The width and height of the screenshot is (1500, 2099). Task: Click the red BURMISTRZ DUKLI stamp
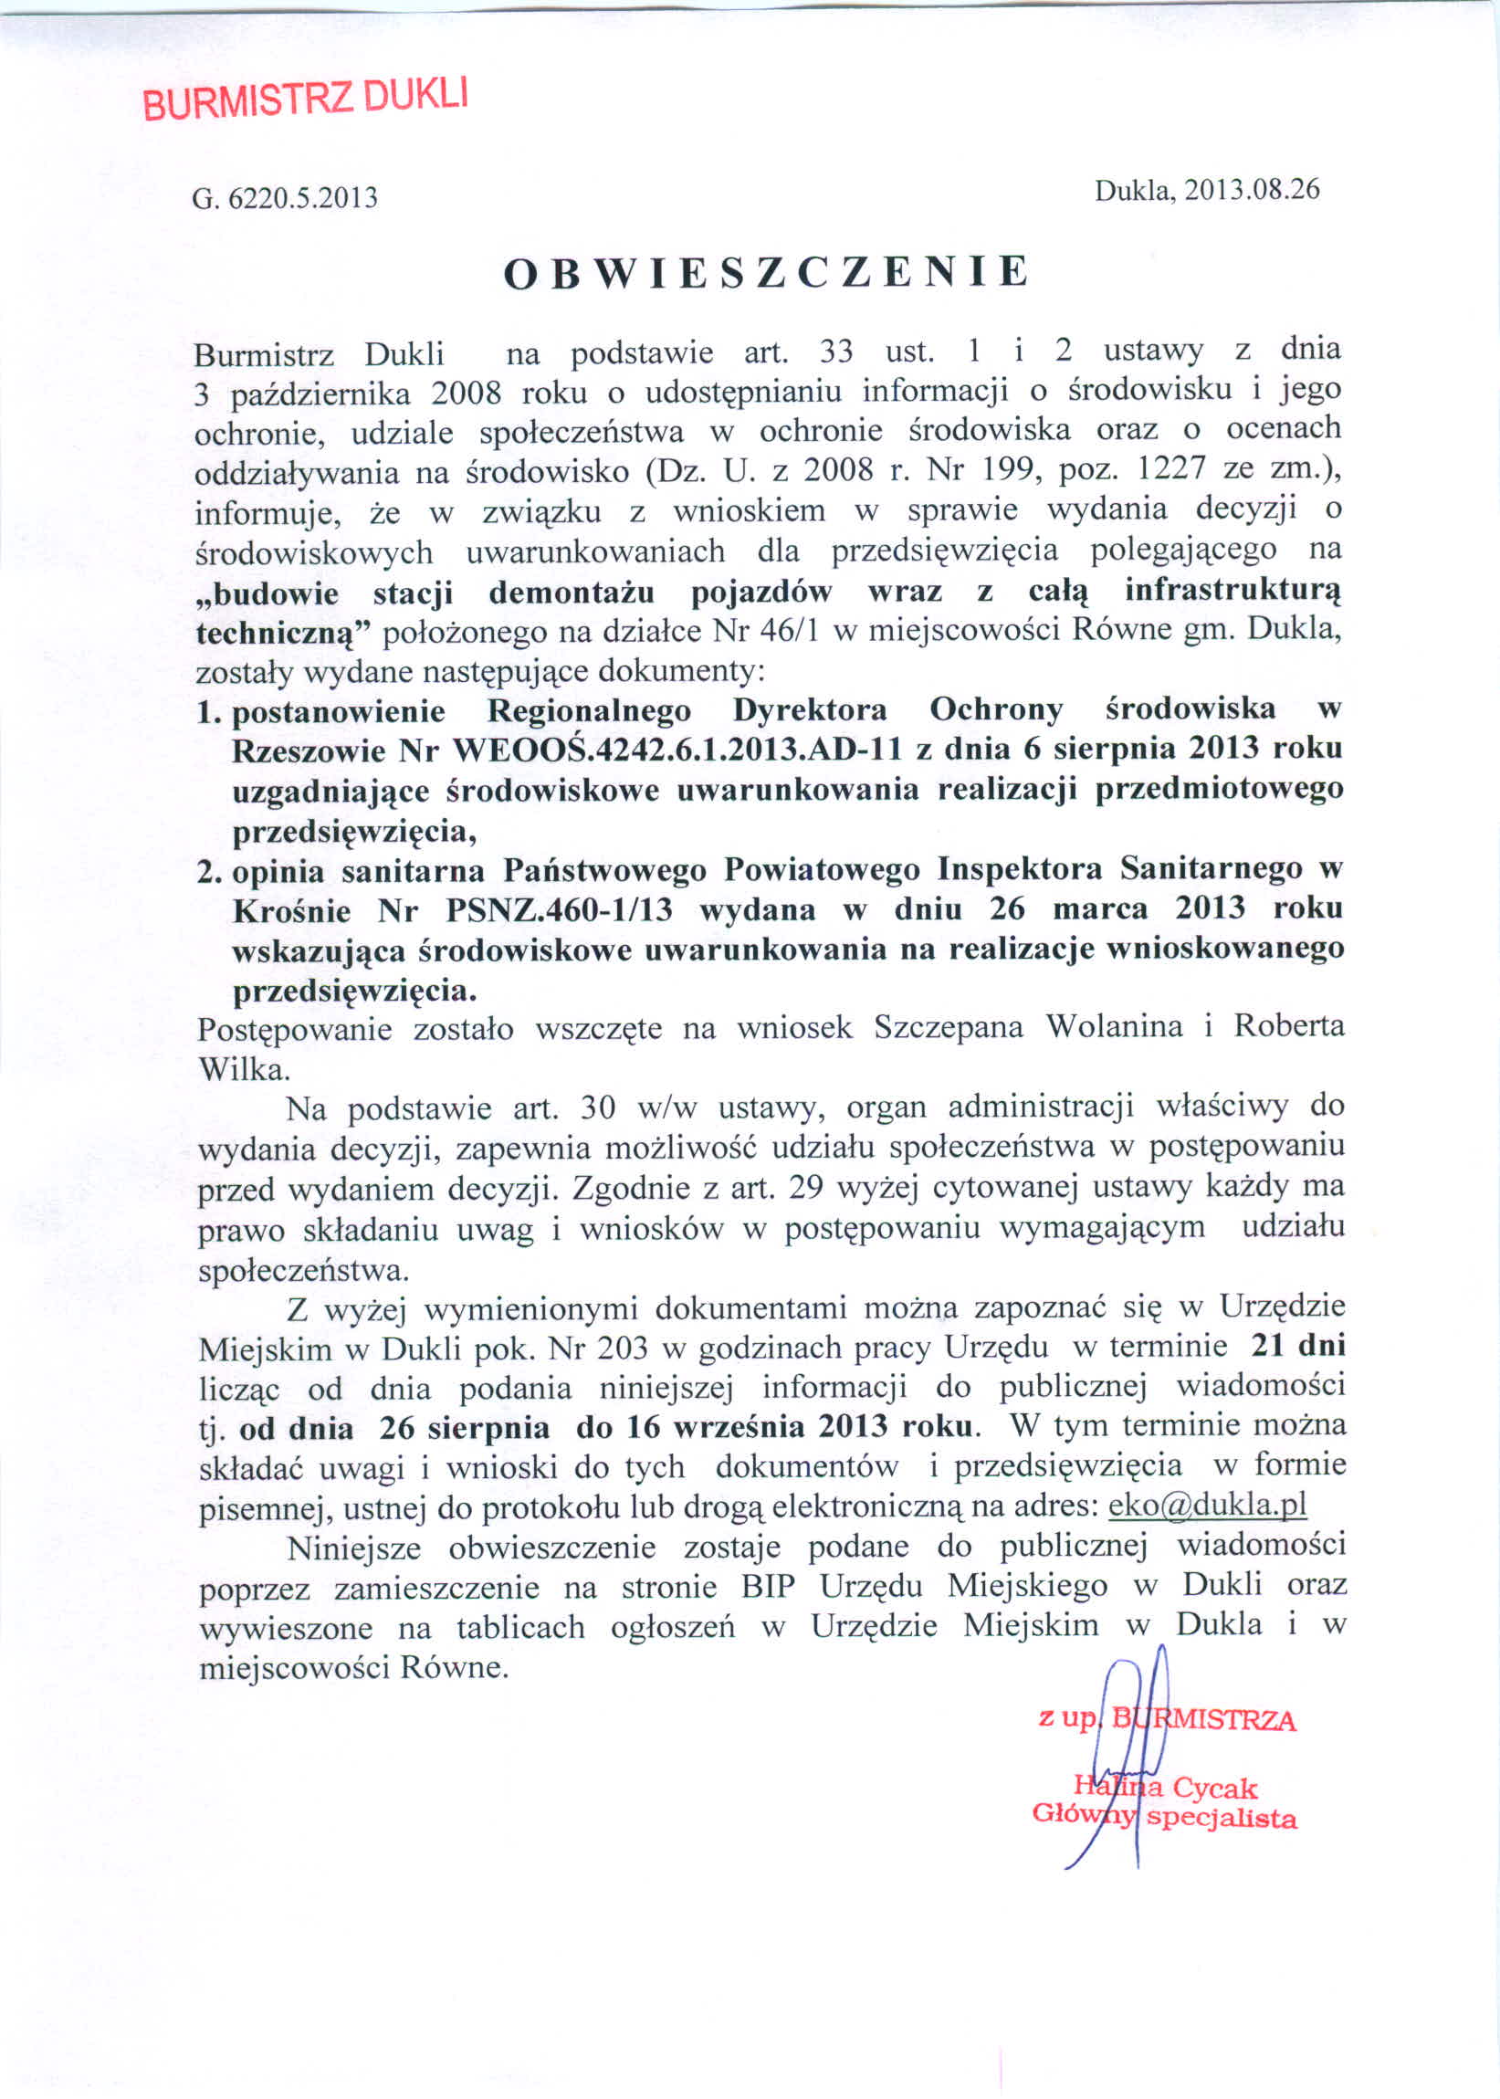click(x=306, y=100)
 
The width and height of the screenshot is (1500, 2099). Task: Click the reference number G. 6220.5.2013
click(x=285, y=197)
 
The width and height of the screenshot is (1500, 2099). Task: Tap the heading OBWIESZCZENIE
click(x=766, y=272)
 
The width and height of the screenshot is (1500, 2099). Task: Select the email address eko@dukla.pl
click(x=1207, y=1506)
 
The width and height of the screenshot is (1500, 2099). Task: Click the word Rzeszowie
click(x=308, y=750)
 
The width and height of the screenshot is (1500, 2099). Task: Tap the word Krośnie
click(x=292, y=911)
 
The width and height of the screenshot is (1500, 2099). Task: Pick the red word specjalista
click(x=1221, y=1820)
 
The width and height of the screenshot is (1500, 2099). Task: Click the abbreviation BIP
click(x=768, y=1587)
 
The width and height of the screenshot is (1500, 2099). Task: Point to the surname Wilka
click(x=244, y=1068)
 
